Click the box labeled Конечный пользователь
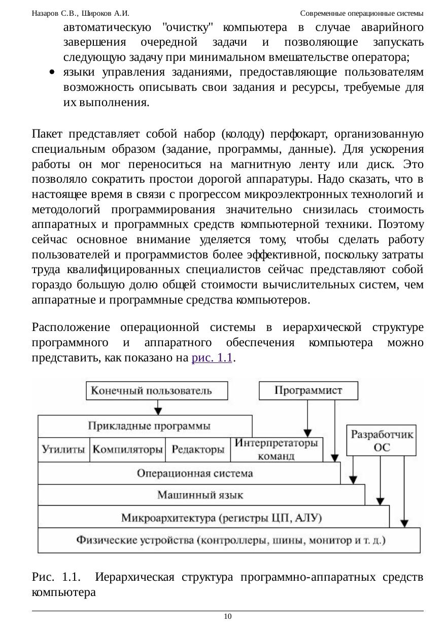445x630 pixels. point(158,391)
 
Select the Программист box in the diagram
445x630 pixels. point(308,390)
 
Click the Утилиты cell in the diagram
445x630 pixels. point(63,450)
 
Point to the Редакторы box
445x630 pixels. point(198,450)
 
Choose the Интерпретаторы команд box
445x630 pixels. point(277,449)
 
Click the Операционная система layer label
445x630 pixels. point(195,474)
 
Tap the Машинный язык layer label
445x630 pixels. point(200,495)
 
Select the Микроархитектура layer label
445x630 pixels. point(221,518)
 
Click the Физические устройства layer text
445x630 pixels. point(231,540)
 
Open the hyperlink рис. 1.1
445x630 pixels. point(212,357)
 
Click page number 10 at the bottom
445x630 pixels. point(227,616)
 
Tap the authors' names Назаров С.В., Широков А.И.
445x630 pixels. point(80,13)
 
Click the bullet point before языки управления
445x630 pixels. point(52,73)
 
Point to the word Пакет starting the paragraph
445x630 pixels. point(47,134)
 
